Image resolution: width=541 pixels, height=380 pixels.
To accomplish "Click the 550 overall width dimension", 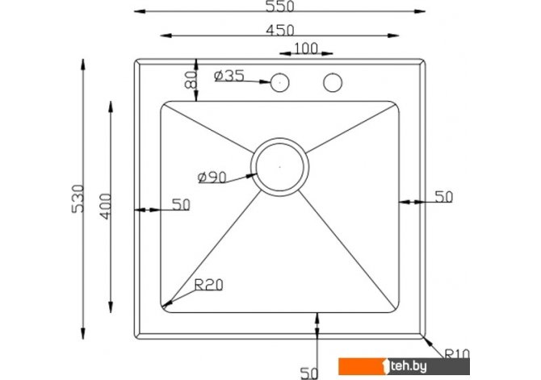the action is [280, 6].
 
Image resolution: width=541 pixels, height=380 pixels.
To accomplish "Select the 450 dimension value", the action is [280, 31].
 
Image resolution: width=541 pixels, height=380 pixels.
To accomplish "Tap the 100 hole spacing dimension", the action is [306, 48].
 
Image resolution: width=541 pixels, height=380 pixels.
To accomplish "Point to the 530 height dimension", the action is [78, 199].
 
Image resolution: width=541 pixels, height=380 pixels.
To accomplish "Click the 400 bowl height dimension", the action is [106, 207].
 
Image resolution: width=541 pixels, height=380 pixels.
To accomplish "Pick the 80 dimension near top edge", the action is [191, 80].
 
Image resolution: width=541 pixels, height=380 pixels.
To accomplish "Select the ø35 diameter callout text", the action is [229, 76].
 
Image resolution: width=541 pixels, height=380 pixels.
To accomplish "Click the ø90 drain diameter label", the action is [212, 177].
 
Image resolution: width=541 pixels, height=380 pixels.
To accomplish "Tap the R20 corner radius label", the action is [209, 285].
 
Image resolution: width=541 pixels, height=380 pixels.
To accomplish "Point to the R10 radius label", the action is [457, 354].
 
